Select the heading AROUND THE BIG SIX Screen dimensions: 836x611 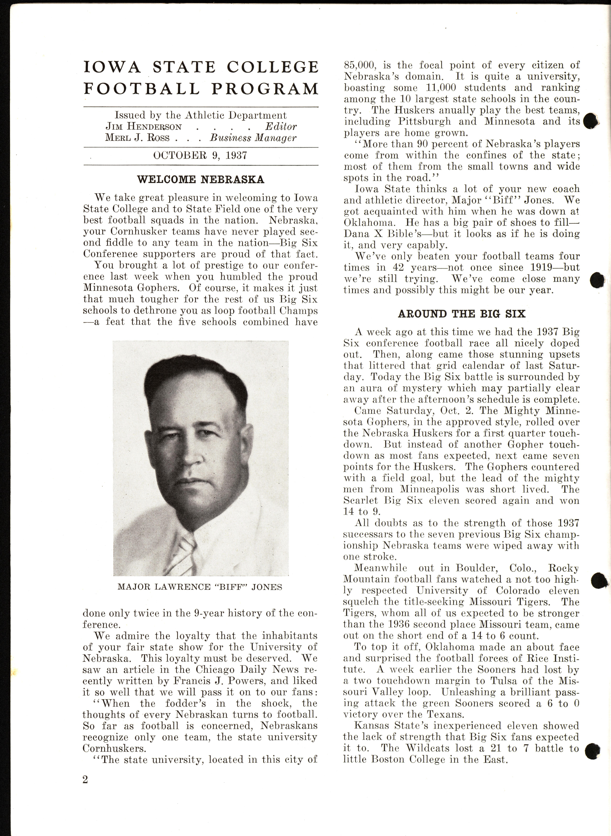[462, 314]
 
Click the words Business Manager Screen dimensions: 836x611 [253, 138]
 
